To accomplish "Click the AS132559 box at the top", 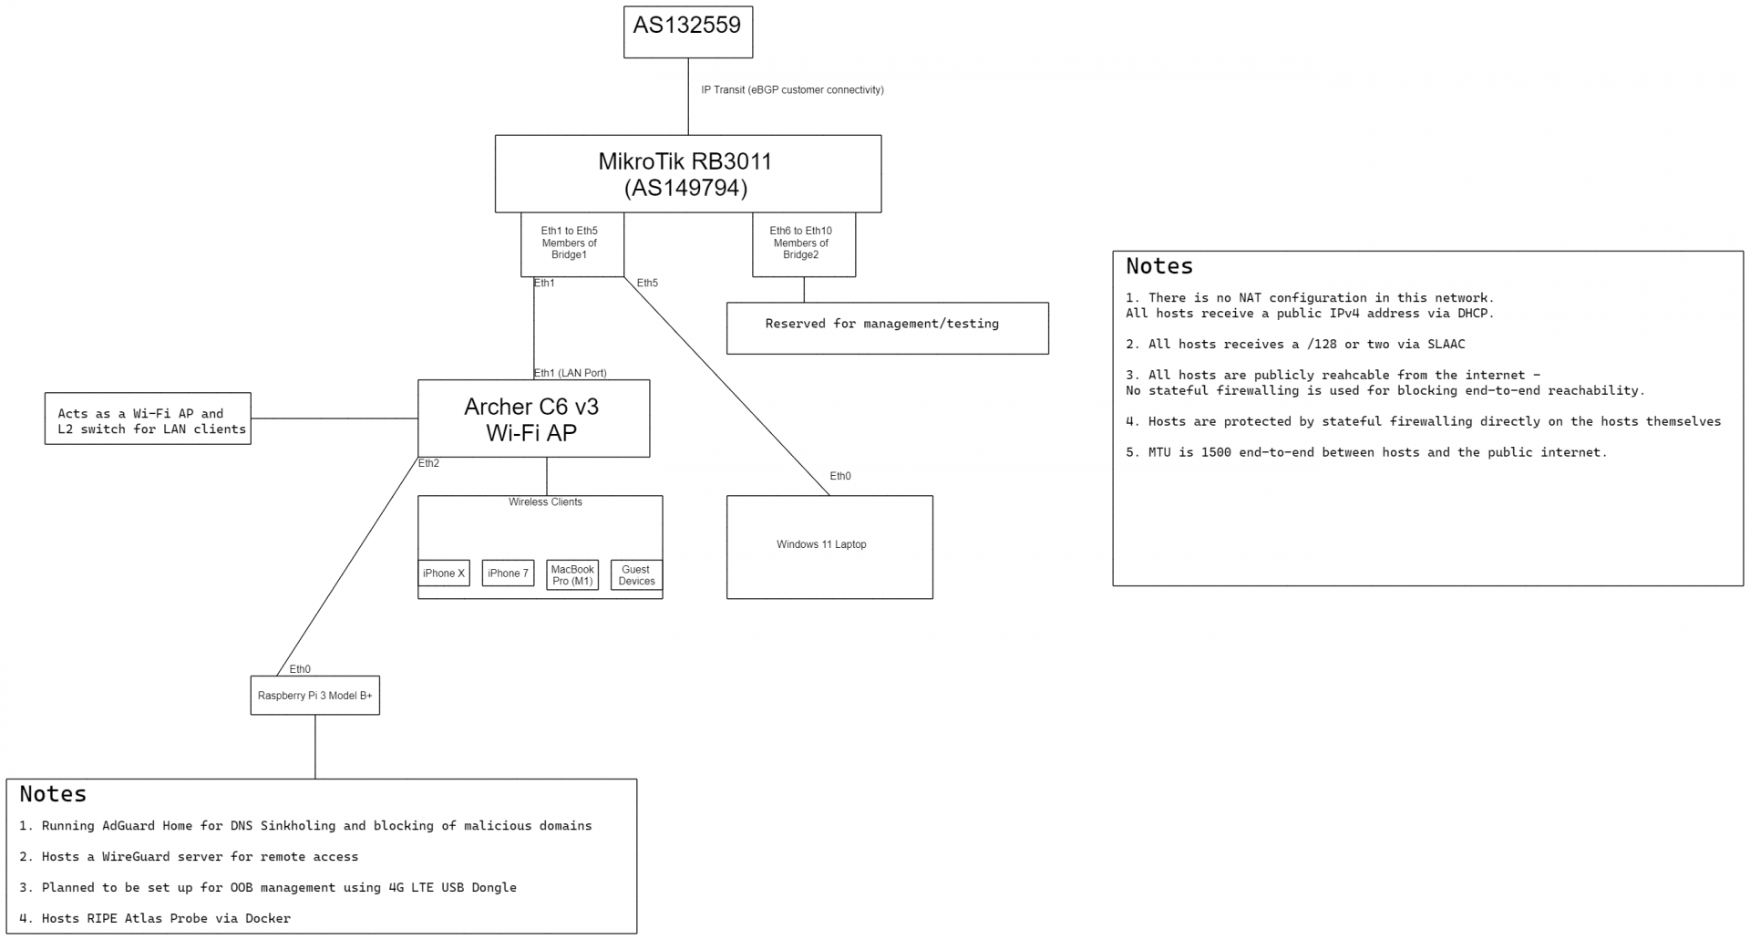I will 687,32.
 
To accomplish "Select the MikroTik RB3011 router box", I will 687,174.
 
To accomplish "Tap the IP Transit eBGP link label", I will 791,90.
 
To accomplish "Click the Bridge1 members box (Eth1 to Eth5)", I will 571,243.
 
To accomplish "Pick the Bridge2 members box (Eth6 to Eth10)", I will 802,243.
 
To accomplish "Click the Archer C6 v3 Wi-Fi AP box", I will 532,419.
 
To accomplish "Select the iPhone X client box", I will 444,573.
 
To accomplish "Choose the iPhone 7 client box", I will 508,573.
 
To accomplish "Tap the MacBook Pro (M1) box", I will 572,575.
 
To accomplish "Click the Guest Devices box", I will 636,575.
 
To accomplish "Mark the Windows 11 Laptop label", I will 821,545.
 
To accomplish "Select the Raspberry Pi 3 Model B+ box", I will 314,696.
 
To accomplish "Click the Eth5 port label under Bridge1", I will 647,284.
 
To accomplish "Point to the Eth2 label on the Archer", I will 428,464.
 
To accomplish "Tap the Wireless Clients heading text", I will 545,502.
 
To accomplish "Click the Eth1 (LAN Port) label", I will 571,373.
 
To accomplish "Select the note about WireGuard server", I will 189,857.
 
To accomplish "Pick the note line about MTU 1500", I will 1365,453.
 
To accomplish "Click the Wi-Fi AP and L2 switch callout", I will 148,419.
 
